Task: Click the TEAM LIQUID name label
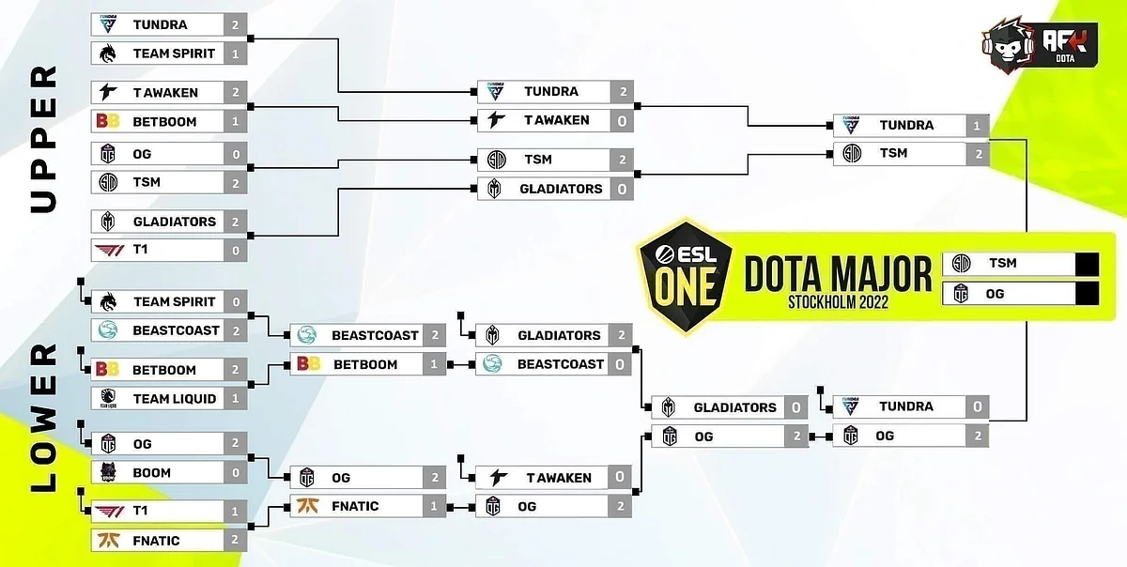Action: coord(174,399)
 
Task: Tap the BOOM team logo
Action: coord(108,472)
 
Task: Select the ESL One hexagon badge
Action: coord(686,276)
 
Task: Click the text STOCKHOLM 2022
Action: coord(838,302)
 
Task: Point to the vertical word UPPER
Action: coord(44,139)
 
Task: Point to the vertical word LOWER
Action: coord(44,418)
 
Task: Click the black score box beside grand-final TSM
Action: coord(1087,264)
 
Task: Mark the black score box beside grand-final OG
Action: coord(1087,295)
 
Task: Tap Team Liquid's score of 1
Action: coord(235,398)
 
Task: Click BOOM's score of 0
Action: coord(235,473)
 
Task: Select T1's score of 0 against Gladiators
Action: coord(235,250)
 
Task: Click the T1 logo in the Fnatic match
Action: coord(109,512)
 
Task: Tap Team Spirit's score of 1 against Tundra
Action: coord(235,54)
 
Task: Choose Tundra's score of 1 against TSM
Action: coord(977,126)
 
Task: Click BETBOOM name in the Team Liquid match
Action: coord(164,370)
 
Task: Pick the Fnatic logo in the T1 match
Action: coord(109,541)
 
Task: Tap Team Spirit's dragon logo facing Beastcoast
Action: coord(108,302)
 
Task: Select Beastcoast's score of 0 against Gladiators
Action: coord(620,364)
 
